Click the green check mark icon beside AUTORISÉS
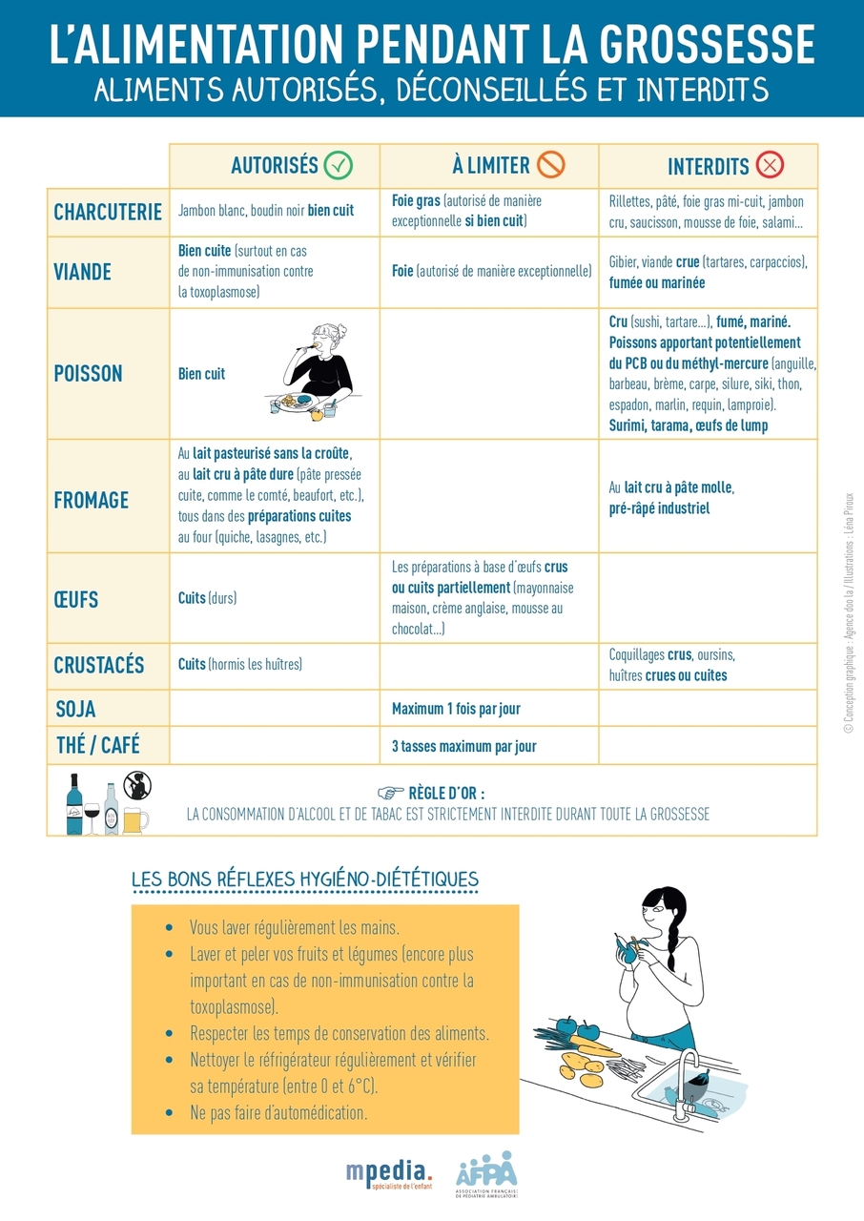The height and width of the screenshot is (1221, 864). click(x=339, y=165)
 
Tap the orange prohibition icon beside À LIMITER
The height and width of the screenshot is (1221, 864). click(x=551, y=165)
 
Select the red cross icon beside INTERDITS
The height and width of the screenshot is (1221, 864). click(x=770, y=165)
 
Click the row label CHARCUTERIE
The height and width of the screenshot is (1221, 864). click(x=108, y=212)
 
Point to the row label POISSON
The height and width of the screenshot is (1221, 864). click(x=88, y=374)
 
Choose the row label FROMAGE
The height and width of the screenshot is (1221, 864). click(x=91, y=499)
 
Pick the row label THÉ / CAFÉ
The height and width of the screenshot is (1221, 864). click(x=98, y=745)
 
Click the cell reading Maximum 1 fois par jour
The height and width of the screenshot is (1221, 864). click(x=456, y=709)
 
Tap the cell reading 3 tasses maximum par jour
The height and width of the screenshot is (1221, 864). click(x=463, y=746)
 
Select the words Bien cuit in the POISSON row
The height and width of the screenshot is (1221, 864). click(x=201, y=374)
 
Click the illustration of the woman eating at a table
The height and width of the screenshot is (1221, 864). click(x=313, y=372)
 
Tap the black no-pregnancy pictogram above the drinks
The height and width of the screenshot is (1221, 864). click(x=137, y=785)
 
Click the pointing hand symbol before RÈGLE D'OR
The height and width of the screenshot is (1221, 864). click(x=391, y=793)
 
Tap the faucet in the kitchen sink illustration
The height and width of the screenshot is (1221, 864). click(x=687, y=1078)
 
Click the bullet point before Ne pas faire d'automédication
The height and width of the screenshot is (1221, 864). click(x=169, y=1112)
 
